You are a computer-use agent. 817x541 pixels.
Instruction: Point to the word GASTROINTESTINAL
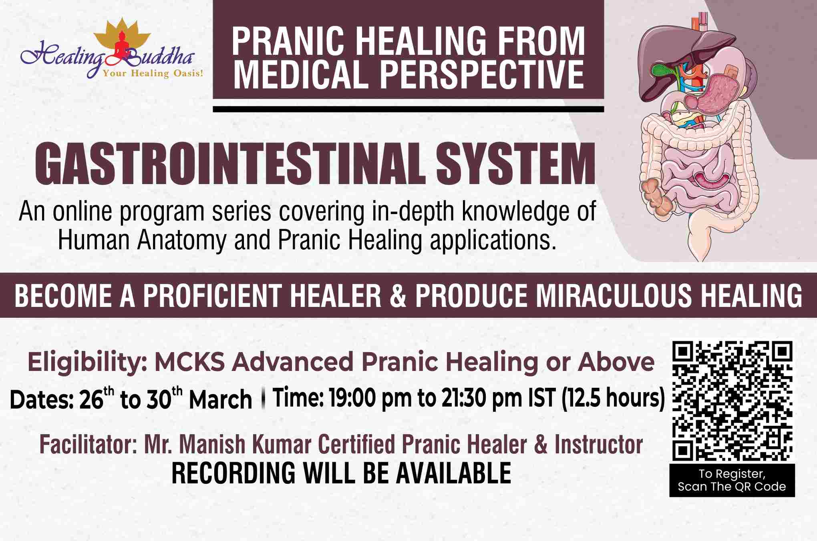pyautogui.click(x=232, y=165)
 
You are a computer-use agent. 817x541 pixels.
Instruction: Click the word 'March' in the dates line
pyautogui.click(x=220, y=399)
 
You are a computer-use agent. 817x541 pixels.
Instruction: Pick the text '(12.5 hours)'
pyautogui.click(x=612, y=398)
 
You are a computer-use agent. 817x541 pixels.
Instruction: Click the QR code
pyautogui.click(x=732, y=400)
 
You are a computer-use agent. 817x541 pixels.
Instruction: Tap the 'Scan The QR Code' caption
pyautogui.click(x=732, y=487)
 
